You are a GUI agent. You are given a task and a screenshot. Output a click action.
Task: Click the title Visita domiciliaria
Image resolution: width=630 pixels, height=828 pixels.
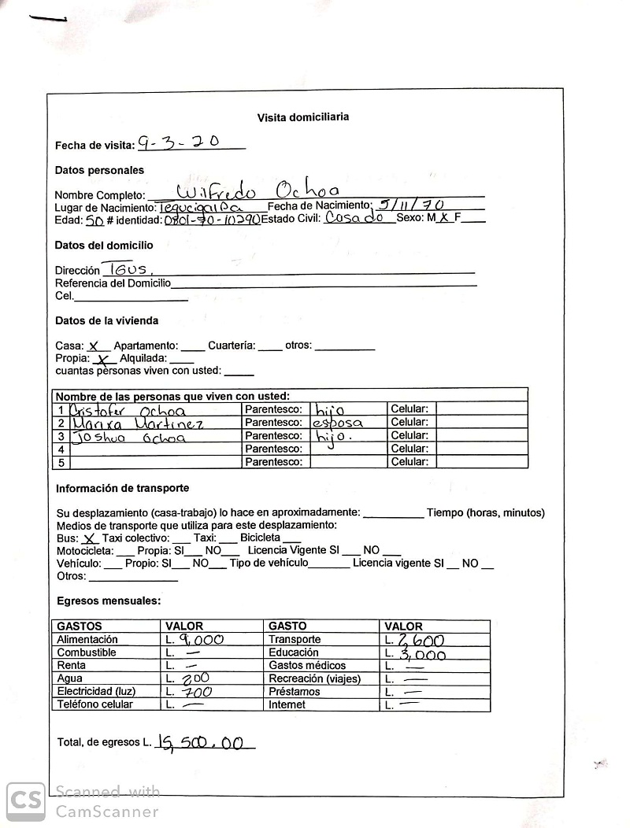click(303, 117)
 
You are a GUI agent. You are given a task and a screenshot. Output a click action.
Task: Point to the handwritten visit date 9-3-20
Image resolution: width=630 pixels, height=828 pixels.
click(179, 142)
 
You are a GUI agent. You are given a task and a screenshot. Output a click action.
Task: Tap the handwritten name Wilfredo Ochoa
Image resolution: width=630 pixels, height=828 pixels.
click(258, 191)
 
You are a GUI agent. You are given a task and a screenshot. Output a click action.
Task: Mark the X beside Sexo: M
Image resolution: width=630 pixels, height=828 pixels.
click(445, 218)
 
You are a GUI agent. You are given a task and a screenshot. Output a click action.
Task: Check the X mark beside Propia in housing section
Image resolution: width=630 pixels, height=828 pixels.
click(102, 358)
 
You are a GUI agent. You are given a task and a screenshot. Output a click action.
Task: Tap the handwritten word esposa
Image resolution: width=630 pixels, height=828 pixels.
click(338, 423)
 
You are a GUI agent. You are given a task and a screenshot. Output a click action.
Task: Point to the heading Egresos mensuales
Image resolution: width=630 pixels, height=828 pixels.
click(109, 601)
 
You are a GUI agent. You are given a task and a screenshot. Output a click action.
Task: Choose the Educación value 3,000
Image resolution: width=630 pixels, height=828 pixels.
click(422, 654)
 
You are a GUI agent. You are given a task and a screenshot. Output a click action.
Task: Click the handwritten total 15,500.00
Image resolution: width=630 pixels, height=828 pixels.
click(200, 741)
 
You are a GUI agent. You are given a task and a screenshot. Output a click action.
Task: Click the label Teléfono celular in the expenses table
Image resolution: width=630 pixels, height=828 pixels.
click(95, 704)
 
